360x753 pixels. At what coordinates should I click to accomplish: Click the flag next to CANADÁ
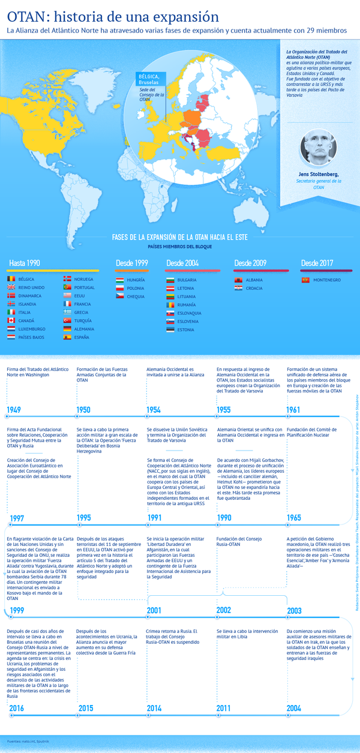11,320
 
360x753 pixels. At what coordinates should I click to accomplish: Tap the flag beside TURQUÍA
67,320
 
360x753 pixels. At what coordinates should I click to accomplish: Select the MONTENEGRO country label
328,280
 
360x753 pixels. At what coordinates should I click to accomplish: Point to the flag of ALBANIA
238,280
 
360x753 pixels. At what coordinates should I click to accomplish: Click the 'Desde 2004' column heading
182,263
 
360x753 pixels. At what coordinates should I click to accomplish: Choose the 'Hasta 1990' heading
25,263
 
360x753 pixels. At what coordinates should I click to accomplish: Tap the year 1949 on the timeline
14,410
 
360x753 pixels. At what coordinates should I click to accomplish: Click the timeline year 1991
154,518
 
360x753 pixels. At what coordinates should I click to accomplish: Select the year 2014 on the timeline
154,708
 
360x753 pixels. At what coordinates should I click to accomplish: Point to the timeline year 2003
295,611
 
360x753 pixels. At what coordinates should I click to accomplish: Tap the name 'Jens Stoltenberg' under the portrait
318,174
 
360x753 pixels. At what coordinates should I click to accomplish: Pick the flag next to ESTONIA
170,329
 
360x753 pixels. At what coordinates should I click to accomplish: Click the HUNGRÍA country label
136,280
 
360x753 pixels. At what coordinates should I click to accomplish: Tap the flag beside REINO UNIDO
11,287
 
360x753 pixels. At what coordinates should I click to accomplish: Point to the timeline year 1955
224,410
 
